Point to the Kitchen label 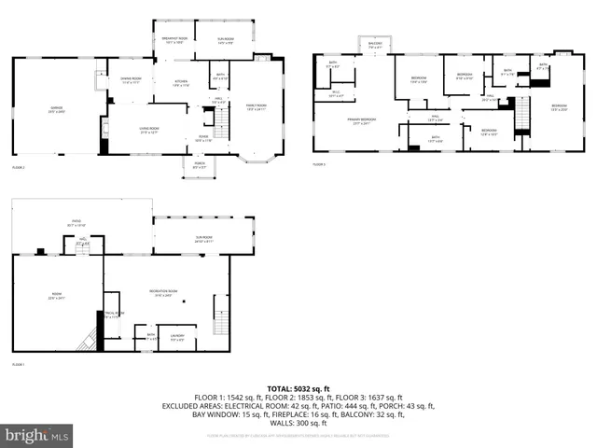[x=182, y=83]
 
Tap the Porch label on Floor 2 [x=198, y=166]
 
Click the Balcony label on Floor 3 [x=375, y=46]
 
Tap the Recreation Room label [x=165, y=293]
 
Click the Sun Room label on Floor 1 [x=205, y=241]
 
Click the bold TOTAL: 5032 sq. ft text [x=298, y=387]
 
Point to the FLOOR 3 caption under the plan [x=319, y=164]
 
